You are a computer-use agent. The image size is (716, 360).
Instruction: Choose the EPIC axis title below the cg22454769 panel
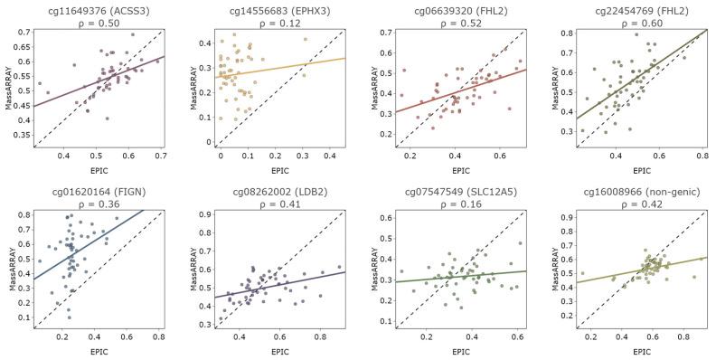point(639,169)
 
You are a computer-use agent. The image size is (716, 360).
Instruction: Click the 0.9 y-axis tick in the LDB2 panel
point(203,214)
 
